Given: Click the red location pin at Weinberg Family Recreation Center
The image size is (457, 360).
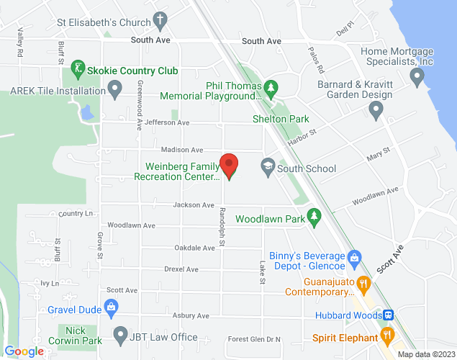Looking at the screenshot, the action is click(x=229, y=165).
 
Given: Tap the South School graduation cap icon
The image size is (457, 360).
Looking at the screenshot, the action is click(x=268, y=168).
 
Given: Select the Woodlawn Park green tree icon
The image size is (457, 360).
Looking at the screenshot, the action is click(x=314, y=216).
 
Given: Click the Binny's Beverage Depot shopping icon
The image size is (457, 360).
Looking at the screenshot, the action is click(x=353, y=256).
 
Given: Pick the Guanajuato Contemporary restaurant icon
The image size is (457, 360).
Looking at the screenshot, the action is click(x=364, y=282).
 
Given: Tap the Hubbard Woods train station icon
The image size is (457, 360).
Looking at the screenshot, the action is click(x=388, y=315).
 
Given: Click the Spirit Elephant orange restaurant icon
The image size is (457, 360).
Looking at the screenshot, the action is click(x=387, y=336).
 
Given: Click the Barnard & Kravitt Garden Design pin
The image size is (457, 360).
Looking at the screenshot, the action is click(x=375, y=109).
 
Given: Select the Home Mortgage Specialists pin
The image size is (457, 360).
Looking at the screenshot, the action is click(x=417, y=77).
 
